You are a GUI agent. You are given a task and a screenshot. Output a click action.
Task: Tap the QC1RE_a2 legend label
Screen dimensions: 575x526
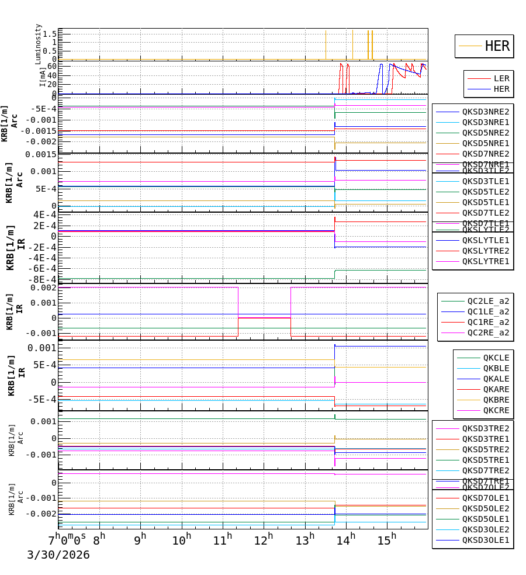click(488, 323)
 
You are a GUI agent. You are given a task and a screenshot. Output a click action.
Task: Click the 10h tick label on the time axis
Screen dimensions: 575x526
click(182, 539)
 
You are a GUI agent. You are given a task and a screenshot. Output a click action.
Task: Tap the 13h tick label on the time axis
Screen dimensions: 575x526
click(305, 539)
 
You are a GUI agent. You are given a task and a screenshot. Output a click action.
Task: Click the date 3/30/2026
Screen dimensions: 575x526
click(58, 555)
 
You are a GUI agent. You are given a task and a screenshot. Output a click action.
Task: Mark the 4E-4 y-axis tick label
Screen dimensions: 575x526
click(44, 215)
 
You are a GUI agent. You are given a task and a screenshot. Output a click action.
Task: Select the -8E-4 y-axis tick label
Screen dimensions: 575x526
click(42, 279)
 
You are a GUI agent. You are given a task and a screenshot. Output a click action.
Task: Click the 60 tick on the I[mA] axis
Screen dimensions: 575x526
click(51, 66)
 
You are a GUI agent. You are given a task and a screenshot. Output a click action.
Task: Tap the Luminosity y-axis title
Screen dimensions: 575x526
click(39, 43)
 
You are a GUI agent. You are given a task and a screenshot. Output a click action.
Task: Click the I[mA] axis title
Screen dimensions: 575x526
click(43, 77)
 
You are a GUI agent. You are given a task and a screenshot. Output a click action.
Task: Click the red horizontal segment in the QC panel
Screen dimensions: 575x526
click(264, 318)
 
